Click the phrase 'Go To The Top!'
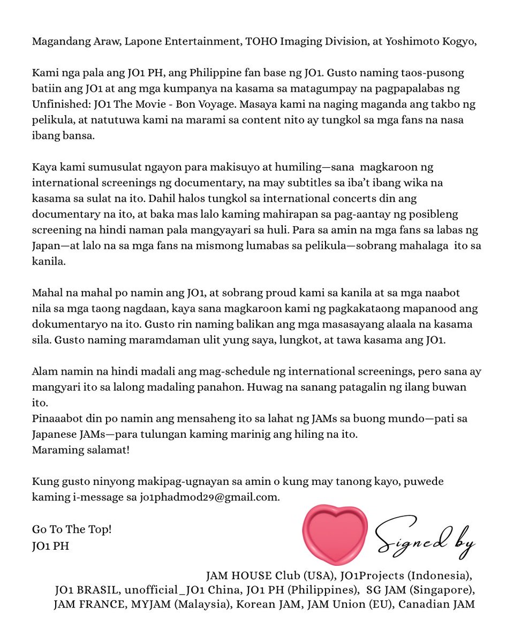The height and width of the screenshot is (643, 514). click(x=72, y=529)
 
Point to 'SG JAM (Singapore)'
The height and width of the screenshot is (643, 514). click(x=420, y=590)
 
